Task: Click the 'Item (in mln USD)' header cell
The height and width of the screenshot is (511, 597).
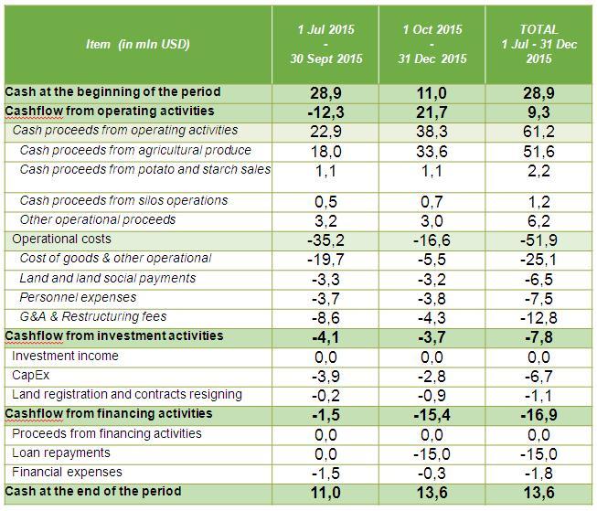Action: click(x=137, y=44)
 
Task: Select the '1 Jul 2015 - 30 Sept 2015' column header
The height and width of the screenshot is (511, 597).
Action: click(x=325, y=44)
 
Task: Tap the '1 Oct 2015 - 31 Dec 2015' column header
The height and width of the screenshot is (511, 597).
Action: click(x=432, y=44)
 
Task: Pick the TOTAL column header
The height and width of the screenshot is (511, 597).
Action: click(x=538, y=44)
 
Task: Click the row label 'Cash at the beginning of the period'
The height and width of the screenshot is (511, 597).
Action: click(x=112, y=91)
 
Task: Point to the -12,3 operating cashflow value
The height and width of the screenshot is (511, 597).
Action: click(x=325, y=112)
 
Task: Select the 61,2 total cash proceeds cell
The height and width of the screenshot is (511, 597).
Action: click(x=538, y=132)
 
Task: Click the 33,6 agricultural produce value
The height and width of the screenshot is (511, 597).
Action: click(x=432, y=152)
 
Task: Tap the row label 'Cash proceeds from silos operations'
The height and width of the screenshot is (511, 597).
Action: click(x=123, y=201)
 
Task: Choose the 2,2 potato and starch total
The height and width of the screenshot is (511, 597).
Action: click(x=538, y=171)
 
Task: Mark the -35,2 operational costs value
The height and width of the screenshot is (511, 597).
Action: click(x=325, y=240)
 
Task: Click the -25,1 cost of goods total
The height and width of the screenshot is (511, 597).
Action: click(x=538, y=260)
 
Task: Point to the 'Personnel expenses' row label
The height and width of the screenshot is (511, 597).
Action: click(x=78, y=297)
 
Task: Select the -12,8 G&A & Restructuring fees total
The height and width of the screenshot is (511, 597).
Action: click(x=538, y=317)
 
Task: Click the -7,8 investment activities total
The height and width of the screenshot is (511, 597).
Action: click(x=538, y=337)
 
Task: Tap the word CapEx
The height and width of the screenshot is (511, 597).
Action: click(x=30, y=376)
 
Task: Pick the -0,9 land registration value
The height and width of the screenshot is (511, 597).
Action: click(x=432, y=396)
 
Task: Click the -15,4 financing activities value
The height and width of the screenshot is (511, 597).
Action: click(x=432, y=415)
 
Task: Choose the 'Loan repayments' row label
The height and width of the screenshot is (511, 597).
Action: click(x=61, y=452)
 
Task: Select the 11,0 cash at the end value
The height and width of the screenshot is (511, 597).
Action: click(x=325, y=493)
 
